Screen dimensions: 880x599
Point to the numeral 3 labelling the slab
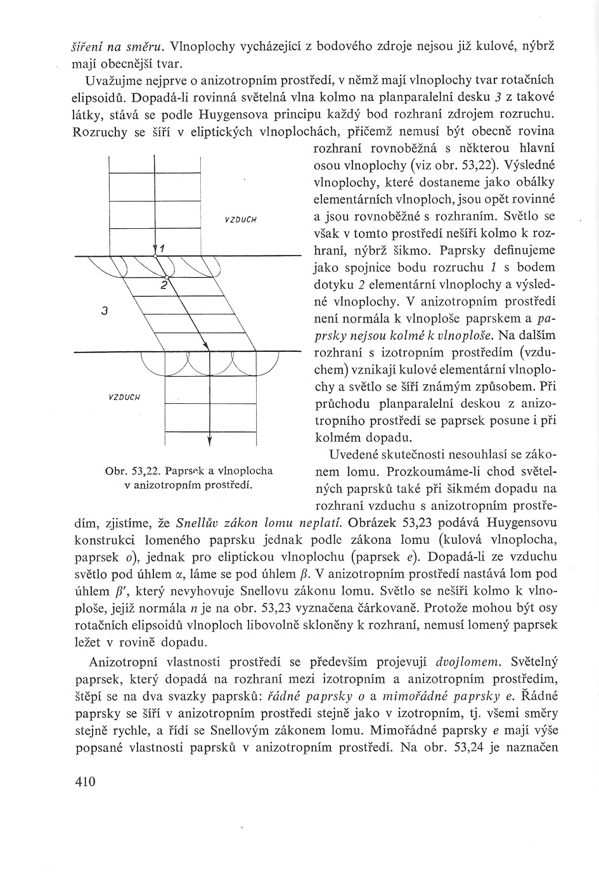point(105,311)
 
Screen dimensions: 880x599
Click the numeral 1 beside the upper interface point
point(162,248)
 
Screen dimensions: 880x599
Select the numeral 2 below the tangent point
point(163,286)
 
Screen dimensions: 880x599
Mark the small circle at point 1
point(155,256)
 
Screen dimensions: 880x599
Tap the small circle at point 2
point(166,277)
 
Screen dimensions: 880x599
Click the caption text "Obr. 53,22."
point(131,471)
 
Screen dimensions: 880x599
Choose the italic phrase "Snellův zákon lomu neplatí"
point(258,524)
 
